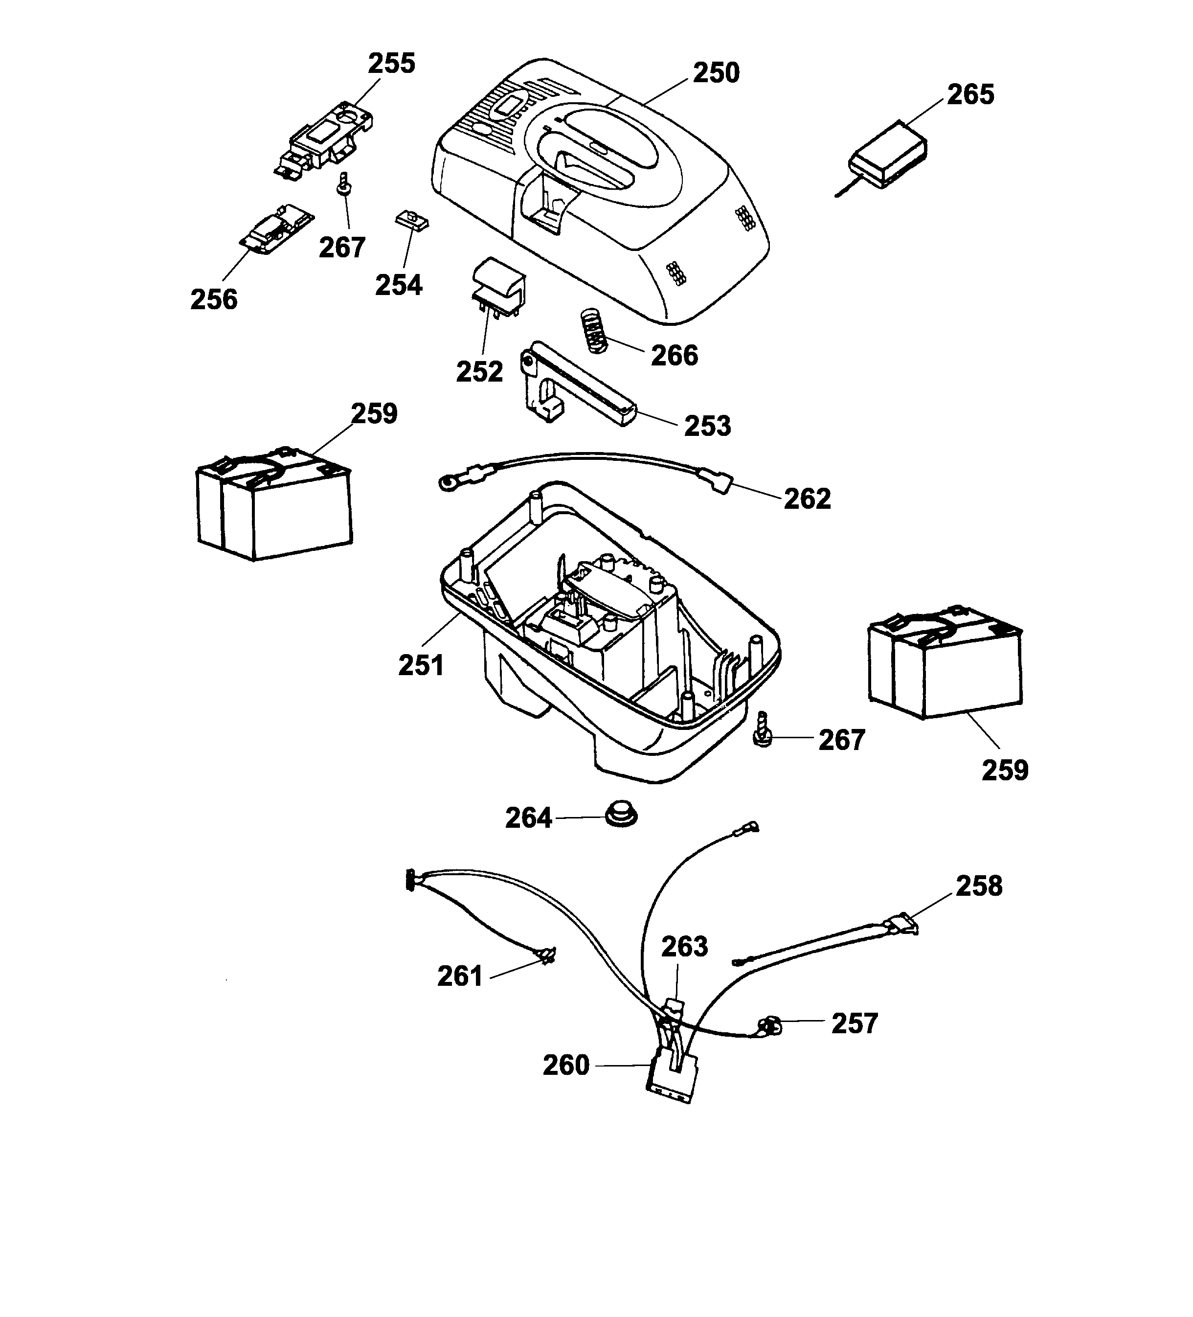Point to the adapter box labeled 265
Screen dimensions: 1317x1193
888,154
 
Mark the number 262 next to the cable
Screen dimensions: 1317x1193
807,499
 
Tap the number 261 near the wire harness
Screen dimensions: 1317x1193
460,976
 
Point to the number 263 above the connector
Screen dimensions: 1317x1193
684,947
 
